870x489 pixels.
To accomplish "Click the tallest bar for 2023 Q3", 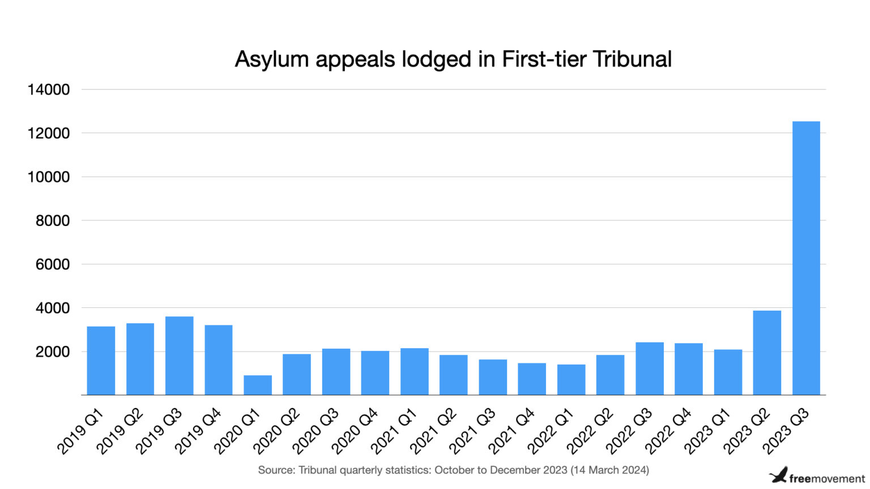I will click(x=805, y=258).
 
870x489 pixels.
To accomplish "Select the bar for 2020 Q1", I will click(x=258, y=385).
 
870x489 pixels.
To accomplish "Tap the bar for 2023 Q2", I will click(x=766, y=353).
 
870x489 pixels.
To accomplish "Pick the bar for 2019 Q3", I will click(x=179, y=355).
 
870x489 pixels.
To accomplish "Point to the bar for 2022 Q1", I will click(x=571, y=380).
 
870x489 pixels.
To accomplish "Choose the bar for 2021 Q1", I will click(x=414, y=372).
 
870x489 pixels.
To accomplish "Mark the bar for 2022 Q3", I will click(x=649, y=368).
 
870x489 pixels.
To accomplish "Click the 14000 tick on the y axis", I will click(x=49, y=89).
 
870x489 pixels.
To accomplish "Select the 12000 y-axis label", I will click(x=49, y=134).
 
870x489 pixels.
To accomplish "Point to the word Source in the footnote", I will click(x=276, y=470).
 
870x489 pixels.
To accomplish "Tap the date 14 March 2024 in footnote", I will click(x=609, y=470).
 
